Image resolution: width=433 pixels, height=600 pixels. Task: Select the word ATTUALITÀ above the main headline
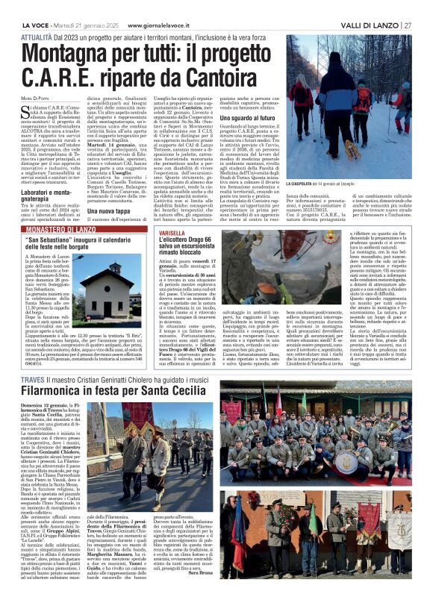coord(35,16)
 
